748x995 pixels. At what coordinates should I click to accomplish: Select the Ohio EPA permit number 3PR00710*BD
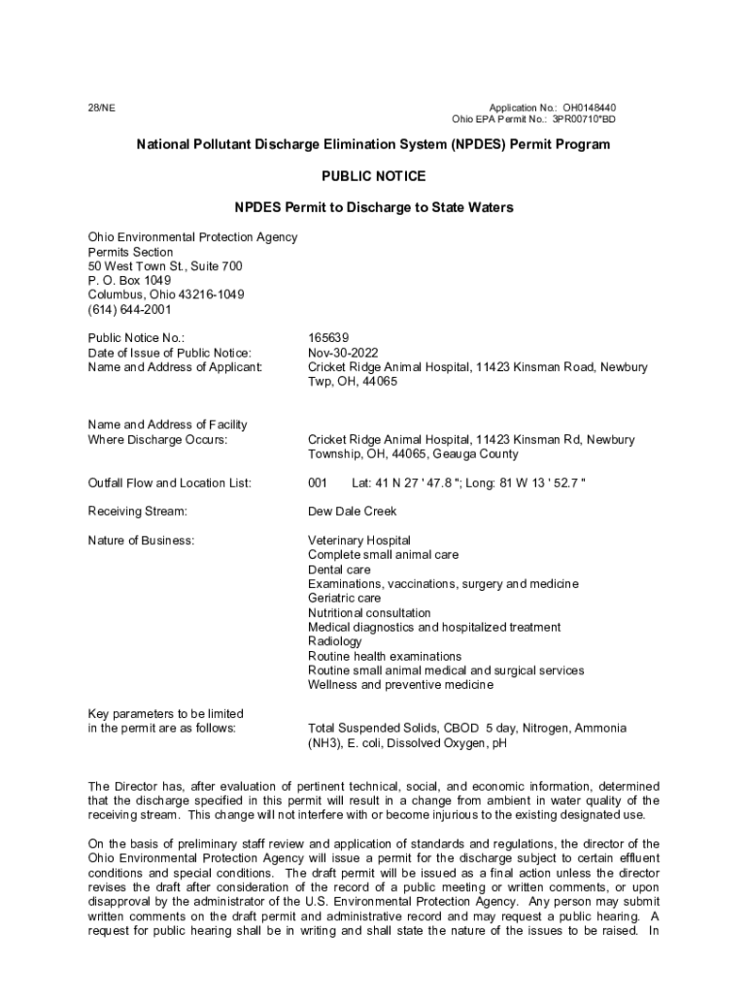click(x=584, y=120)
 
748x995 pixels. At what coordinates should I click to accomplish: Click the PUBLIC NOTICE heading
click(x=373, y=176)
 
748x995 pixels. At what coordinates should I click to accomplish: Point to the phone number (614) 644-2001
click(x=129, y=310)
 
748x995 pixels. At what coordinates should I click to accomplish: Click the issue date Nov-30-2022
click(x=343, y=353)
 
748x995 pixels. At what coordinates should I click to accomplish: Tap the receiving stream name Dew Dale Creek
click(x=352, y=511)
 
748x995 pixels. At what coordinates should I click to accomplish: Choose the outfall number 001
click(x=318, y=483)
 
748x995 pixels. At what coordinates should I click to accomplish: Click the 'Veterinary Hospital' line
click(x=358, y=540)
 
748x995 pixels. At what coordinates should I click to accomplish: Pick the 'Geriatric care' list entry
click(x=344, y=599)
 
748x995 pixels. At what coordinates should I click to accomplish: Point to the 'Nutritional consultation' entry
click(x=369, y=613)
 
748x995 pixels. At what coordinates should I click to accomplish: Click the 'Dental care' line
click(x=339, y=569)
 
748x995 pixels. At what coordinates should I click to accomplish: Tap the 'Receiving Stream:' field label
click(x=137, y=511)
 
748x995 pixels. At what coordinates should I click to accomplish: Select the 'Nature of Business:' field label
click(x=141, y=540)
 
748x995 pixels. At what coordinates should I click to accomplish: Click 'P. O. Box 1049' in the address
click(x=129, y=281)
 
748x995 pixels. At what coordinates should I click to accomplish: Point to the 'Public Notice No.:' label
click(x=136, y=338)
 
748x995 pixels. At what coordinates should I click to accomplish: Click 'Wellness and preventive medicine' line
click(x=400, y=685)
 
